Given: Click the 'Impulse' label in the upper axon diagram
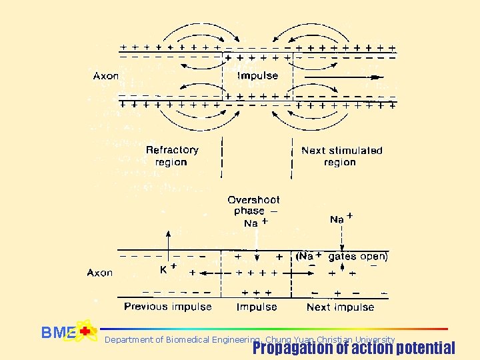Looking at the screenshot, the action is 257,75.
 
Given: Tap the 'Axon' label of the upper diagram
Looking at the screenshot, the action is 105,75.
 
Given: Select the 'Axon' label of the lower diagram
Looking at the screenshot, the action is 99,273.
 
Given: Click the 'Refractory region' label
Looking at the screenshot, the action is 172,156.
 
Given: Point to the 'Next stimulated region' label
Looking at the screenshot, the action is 341,156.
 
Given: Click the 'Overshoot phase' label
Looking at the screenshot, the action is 253,205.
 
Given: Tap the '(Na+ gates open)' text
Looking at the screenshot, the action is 342,256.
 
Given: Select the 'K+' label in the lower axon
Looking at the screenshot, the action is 167,270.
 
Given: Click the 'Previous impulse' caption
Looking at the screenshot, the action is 168,307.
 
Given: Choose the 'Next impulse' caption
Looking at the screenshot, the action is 340,307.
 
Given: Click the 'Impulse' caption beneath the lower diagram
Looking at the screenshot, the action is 257,307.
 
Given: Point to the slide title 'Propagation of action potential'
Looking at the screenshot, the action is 353,348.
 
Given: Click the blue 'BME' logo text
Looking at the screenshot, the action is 57,333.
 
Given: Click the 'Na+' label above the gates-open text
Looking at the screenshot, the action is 341,219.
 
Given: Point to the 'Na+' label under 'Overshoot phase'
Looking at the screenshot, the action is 255,223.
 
